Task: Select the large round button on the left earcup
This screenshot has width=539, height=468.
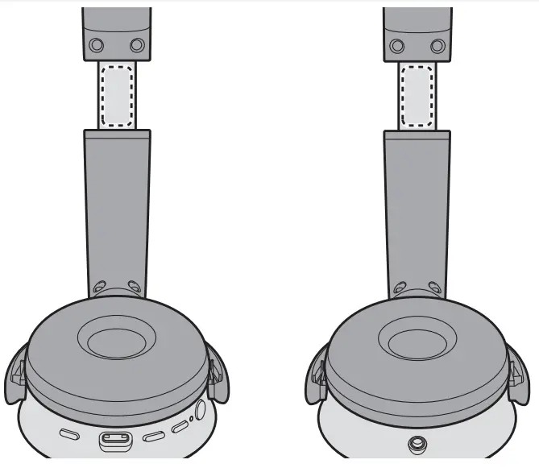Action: click(x=199, y=410)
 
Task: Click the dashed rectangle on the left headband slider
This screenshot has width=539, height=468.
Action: click(x=117, y=94)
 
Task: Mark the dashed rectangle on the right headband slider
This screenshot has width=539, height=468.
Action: click(x=417, y=94)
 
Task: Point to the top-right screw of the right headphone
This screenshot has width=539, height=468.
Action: click(x=437, y=45)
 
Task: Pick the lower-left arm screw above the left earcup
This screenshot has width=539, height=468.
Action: click(x=99, y=286)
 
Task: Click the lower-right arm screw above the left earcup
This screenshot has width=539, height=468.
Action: click(x=134, y=285)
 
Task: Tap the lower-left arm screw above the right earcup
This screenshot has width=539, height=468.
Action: click(x=400, y=286)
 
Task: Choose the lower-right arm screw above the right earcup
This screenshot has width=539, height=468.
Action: click(x=435, y=285)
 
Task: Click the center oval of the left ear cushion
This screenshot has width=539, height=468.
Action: click(x=117, y=342)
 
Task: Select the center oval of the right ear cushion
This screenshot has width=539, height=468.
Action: click(x=417, y=342)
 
